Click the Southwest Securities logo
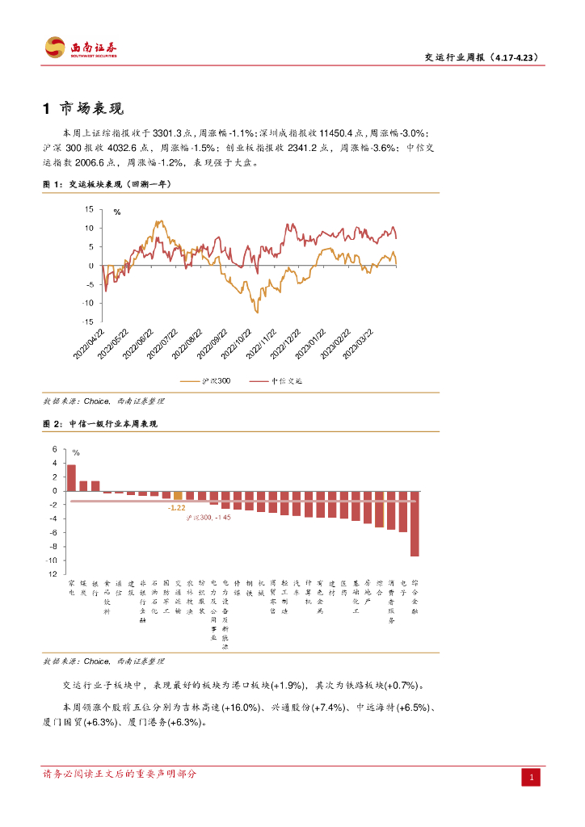[x=80, y=48]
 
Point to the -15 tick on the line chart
[x=90, y=321]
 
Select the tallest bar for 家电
[x=71, y=477]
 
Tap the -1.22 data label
[x=175, y=508]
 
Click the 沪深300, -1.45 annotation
[x=208, y=517]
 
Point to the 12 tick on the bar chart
[x=54, y=574]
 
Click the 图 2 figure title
[x=100, y=424]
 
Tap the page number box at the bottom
[x=532, y=777]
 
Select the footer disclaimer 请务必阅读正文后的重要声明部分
[x=119, y=774]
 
